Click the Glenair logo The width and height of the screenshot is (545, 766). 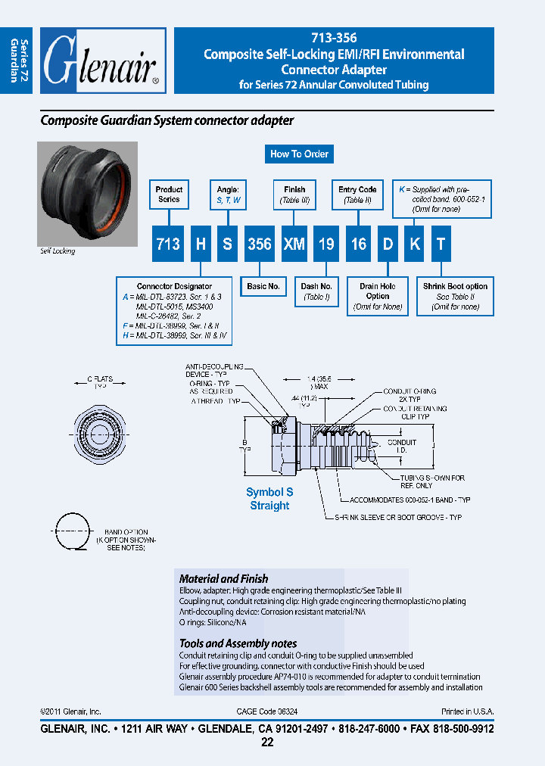click(101, 61)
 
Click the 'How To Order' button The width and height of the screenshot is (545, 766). click(299, 154)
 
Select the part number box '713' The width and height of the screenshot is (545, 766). click(168, 244)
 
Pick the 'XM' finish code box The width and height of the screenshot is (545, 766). click(294, 244)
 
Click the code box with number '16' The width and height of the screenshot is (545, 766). click(358, 244)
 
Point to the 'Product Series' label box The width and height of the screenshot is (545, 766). click(169, 195)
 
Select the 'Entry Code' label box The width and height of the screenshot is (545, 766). click(357, 195)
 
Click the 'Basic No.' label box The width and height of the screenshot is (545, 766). click(263, 287)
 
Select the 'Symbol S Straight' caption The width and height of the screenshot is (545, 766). click(269, 499)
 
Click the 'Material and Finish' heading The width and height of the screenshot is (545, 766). click(223, 578)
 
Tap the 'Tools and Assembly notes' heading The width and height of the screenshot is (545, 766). click(238, 643)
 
